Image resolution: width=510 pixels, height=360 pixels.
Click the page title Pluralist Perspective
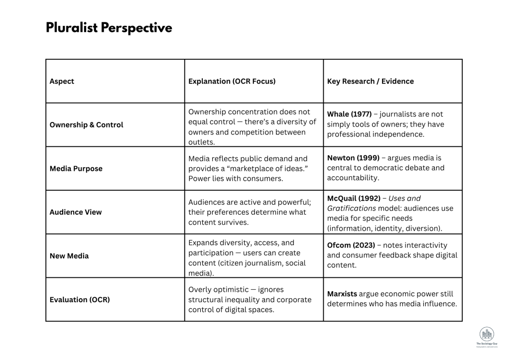[109, 28]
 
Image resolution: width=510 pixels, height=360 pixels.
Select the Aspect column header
[62, 81]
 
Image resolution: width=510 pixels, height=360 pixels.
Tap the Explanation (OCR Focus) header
[232, 81]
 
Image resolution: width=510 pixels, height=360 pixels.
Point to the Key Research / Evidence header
[370, 81]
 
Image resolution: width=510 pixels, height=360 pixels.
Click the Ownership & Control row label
[86, 125]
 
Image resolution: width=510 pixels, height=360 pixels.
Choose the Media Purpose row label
[76, 169]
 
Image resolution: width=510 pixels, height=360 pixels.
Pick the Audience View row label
[75, 212]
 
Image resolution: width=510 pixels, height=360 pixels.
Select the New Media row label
[69, 256]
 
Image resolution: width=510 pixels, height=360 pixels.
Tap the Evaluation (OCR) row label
[80, 300]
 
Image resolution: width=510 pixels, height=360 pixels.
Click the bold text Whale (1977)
[349, 114]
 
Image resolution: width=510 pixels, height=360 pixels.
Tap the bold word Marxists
[342, 294]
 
